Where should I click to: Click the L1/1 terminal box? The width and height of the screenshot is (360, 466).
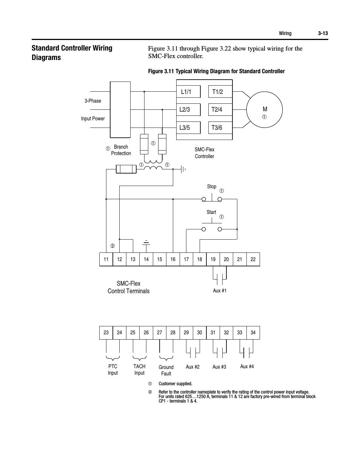(x=189, y=92)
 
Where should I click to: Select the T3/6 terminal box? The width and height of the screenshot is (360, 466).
(x=220, y=128)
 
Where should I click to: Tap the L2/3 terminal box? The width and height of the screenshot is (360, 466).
(x=189, y=110)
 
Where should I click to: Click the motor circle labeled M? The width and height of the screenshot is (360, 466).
(x=265, y=109)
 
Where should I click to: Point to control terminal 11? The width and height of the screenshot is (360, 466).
(x=106, y=259)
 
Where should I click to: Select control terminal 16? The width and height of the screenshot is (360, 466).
(x=173, y=259)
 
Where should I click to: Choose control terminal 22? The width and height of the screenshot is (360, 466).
(x=253, y=259)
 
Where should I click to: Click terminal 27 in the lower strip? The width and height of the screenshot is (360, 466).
(x=160, y=332)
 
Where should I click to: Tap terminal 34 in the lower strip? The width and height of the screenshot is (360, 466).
(x=253, y=332)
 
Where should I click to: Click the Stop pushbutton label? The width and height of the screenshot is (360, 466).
(x=211, y=186)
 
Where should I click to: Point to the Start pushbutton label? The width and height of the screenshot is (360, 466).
(x=211, y=212)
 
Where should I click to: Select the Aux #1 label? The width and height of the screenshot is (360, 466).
(x=220, y=291)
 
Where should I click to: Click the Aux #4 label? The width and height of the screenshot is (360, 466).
(x=247, y=366)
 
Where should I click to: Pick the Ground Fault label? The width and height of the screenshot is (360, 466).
(x=166, y=370)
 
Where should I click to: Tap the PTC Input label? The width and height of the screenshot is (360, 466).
(x=112, y=369)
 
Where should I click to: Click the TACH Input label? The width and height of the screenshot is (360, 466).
(x=139, y=369)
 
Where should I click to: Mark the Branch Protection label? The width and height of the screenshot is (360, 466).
(x=121, y=150)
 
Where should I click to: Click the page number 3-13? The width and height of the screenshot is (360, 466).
(x=323, y=33)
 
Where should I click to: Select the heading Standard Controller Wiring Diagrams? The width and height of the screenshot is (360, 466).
(x=72, y=53)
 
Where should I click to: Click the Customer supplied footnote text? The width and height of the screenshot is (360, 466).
(x=175, y=384)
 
